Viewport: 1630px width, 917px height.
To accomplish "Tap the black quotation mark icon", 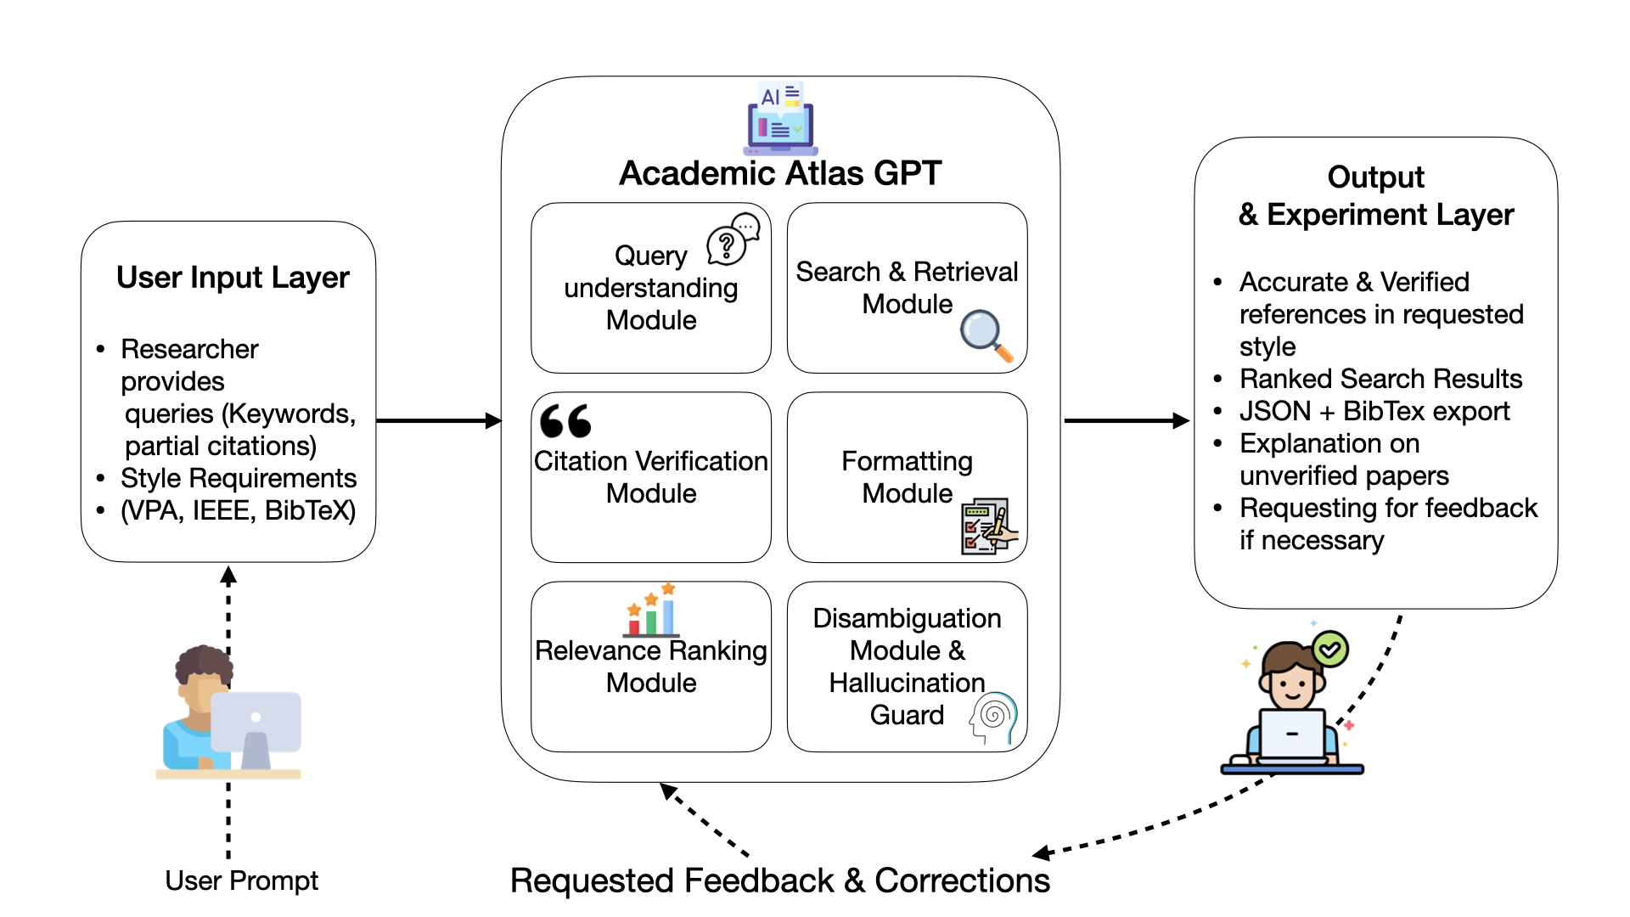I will coord(565,420).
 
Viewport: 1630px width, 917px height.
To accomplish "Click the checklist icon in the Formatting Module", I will coord(987,526).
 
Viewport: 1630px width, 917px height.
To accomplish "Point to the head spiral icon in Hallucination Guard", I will coord(993,717).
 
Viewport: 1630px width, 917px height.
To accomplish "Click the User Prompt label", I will coord(241,880).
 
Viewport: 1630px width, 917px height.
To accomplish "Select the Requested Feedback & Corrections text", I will coord(779,880).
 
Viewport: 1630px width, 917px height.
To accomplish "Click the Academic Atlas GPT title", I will coord(780,173).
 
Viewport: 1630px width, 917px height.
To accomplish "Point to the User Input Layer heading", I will coord(233,278).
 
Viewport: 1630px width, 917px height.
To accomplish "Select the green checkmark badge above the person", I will coord(1330,650).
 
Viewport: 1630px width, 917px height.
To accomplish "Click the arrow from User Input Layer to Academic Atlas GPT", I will coord(438,420).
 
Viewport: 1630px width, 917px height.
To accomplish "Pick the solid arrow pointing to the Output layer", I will coord(1126,420).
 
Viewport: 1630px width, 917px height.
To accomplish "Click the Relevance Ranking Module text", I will coord(651,667).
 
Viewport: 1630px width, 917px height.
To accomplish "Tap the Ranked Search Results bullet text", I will coord(1380,379).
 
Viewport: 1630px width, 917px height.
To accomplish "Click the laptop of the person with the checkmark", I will coord(1292,734).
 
